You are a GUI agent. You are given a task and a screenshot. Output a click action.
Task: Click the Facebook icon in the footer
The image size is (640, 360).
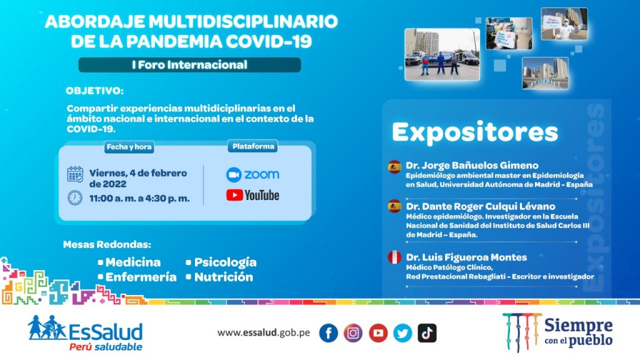329,333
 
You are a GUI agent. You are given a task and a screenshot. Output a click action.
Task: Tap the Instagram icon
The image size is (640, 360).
353,333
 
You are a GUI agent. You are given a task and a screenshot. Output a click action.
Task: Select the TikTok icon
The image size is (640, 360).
427,333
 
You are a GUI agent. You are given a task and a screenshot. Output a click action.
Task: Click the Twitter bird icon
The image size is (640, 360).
402,333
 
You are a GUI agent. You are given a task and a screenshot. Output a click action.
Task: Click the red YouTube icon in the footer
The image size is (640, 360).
378,333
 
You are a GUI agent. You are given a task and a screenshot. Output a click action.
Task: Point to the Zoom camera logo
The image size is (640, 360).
234,175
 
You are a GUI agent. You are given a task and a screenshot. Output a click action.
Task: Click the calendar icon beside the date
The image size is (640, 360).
75,174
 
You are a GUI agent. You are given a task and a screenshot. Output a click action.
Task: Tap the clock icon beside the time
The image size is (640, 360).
75,198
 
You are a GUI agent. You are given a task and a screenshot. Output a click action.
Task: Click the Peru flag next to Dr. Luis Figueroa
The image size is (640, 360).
394,257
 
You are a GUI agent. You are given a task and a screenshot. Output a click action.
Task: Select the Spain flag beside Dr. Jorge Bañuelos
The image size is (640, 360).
394,166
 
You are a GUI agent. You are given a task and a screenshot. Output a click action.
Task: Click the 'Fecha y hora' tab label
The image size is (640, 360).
129,147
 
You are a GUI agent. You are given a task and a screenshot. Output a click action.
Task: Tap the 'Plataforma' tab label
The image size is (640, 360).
253,146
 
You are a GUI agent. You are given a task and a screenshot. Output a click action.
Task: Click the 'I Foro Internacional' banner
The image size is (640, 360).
190,65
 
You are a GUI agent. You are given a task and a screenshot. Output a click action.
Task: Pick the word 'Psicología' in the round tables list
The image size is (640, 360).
225,262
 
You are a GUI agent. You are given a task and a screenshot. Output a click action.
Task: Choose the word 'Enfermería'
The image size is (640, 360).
141,277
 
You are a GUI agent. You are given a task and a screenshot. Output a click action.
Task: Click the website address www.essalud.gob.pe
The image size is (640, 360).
264,332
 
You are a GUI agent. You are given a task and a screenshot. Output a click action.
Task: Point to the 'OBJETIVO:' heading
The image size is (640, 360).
95,91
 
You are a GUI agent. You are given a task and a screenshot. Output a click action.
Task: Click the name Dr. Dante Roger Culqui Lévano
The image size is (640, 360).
481,206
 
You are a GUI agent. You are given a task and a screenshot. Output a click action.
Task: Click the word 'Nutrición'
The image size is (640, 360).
224,277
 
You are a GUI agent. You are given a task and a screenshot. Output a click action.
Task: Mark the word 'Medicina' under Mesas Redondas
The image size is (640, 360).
133,262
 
